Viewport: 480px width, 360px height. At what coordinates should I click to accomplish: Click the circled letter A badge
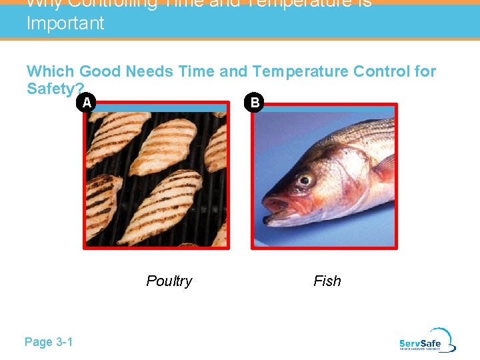[x=85, y=103]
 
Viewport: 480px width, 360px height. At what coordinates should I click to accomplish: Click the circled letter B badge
[x=254, y=103]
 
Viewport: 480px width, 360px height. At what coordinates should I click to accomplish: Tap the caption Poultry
[x=169, y=281]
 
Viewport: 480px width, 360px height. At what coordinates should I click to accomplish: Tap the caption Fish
[x=327, y=281]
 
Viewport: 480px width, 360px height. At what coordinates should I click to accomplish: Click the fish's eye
[x=305, y=179]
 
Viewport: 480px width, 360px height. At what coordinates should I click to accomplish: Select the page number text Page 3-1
[x=49, y=342]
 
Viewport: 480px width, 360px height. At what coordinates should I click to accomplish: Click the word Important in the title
[x=65, y=23]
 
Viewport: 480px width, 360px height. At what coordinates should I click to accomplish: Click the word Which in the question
[x=50, y=71]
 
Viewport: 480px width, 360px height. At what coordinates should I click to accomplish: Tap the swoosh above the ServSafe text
[x=441, y=333]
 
